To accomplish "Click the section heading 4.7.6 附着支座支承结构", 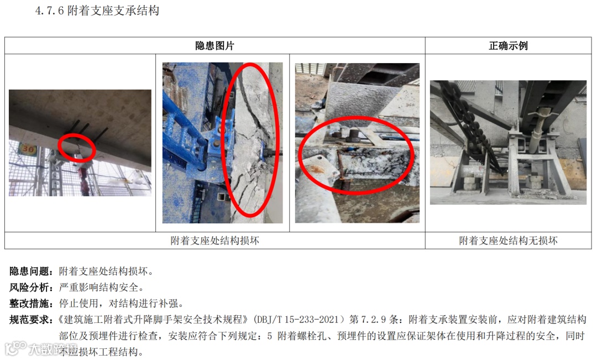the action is [97, 11].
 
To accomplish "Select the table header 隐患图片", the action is [214, 46].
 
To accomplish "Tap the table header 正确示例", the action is [509, 46].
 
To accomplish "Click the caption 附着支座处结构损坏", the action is [214, 241].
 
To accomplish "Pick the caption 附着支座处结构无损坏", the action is [509, 241].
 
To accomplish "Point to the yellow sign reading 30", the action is [28, 148].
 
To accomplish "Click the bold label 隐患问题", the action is [30, 271].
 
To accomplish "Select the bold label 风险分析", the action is [30, 287].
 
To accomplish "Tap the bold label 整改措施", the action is [30, 303].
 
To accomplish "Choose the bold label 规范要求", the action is [30, 319].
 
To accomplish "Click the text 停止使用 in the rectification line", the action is [78, 303].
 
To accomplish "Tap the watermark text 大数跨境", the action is [53, 348].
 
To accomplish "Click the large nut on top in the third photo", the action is [354, 134].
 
